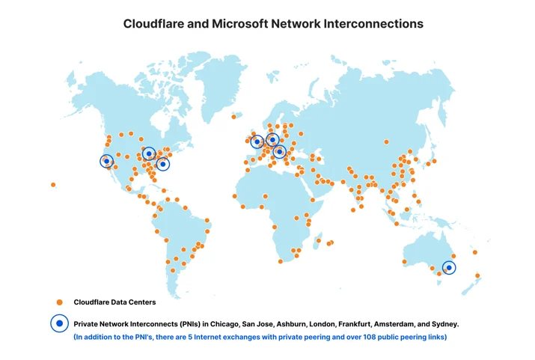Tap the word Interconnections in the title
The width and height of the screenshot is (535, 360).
pos(373,24)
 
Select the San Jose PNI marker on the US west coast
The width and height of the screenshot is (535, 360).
pos(106,161)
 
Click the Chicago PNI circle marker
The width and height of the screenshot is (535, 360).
pos(149,154)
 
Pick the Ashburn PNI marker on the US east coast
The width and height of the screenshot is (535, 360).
pos(163,164)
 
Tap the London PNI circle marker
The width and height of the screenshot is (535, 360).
pos(257,141)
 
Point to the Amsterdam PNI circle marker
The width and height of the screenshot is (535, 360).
pos(272,139)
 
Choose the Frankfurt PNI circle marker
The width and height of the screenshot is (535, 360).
pos(279,151)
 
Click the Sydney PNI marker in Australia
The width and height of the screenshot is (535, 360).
pos(449,267)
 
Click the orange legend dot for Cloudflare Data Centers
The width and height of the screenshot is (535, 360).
pos(59,302)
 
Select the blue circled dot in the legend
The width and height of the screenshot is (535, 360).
pos(59,323)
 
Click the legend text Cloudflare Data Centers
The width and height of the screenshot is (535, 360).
pos(114,302)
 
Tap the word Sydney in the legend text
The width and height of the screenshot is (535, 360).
pos(445,324)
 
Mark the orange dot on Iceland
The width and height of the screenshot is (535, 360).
pos(233,117)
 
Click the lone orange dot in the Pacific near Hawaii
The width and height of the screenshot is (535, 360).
pos(53,185)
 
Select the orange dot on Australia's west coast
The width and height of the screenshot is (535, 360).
pos(404,262)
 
